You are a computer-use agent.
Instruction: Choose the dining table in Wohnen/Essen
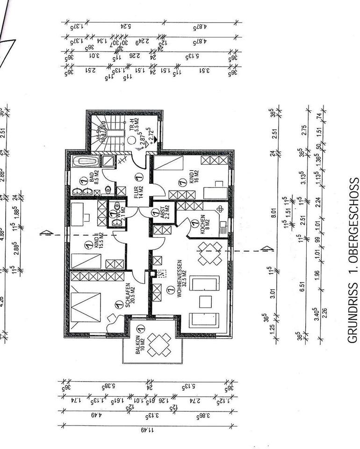(x=209, y=253)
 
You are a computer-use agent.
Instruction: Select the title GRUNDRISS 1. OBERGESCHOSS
(x=353, y=260)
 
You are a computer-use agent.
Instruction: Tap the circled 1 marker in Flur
(x=138, y=177)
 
